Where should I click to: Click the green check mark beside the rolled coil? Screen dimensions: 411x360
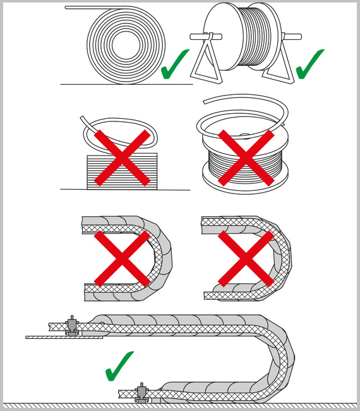(x=176, y=64)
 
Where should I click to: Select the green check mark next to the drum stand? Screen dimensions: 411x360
(x=310, y=64)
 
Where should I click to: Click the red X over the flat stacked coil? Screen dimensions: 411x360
(x=122, y=159)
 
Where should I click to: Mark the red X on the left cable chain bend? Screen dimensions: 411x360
(x=122, y=257)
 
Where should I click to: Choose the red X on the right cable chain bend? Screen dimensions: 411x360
(x=246, y=257)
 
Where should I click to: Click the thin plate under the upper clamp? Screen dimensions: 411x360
(x=63, y=337)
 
